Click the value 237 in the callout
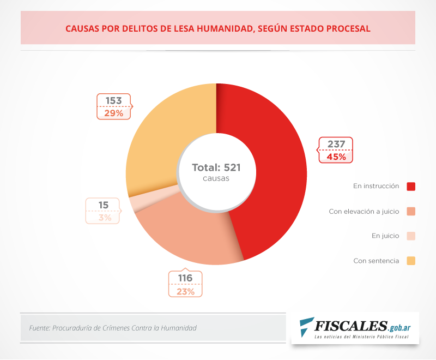pos(336,145)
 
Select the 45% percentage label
pos(336,157)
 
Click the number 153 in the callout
pos(114,101)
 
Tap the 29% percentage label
pos(114,113)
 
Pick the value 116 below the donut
pos(185,278)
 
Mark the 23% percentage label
pos(185,291)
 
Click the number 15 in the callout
pos(104,206)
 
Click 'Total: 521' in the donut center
pos(216,167)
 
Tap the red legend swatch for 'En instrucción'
pos(411,187)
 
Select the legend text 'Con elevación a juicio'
pos(364,211)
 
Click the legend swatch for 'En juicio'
pos(411,236)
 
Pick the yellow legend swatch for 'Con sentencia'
pos(411,261)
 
